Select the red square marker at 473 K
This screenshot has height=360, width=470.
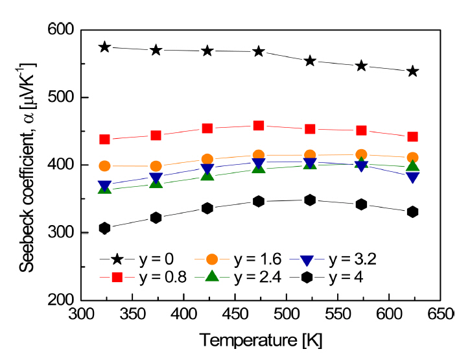click(x=259, y=125)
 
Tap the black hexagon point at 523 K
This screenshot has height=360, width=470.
click(x=310, y=200)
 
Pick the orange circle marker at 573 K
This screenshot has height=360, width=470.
click(x=361, y=155)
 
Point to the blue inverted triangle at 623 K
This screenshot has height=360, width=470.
click(x=412, y=177)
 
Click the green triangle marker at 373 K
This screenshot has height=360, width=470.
click(x=156, y=182)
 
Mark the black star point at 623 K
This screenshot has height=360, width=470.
click(x=412, y=71)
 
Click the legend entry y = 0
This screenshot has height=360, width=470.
click(x=155, y=259)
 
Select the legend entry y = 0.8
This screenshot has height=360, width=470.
click(x=159, y=278)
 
